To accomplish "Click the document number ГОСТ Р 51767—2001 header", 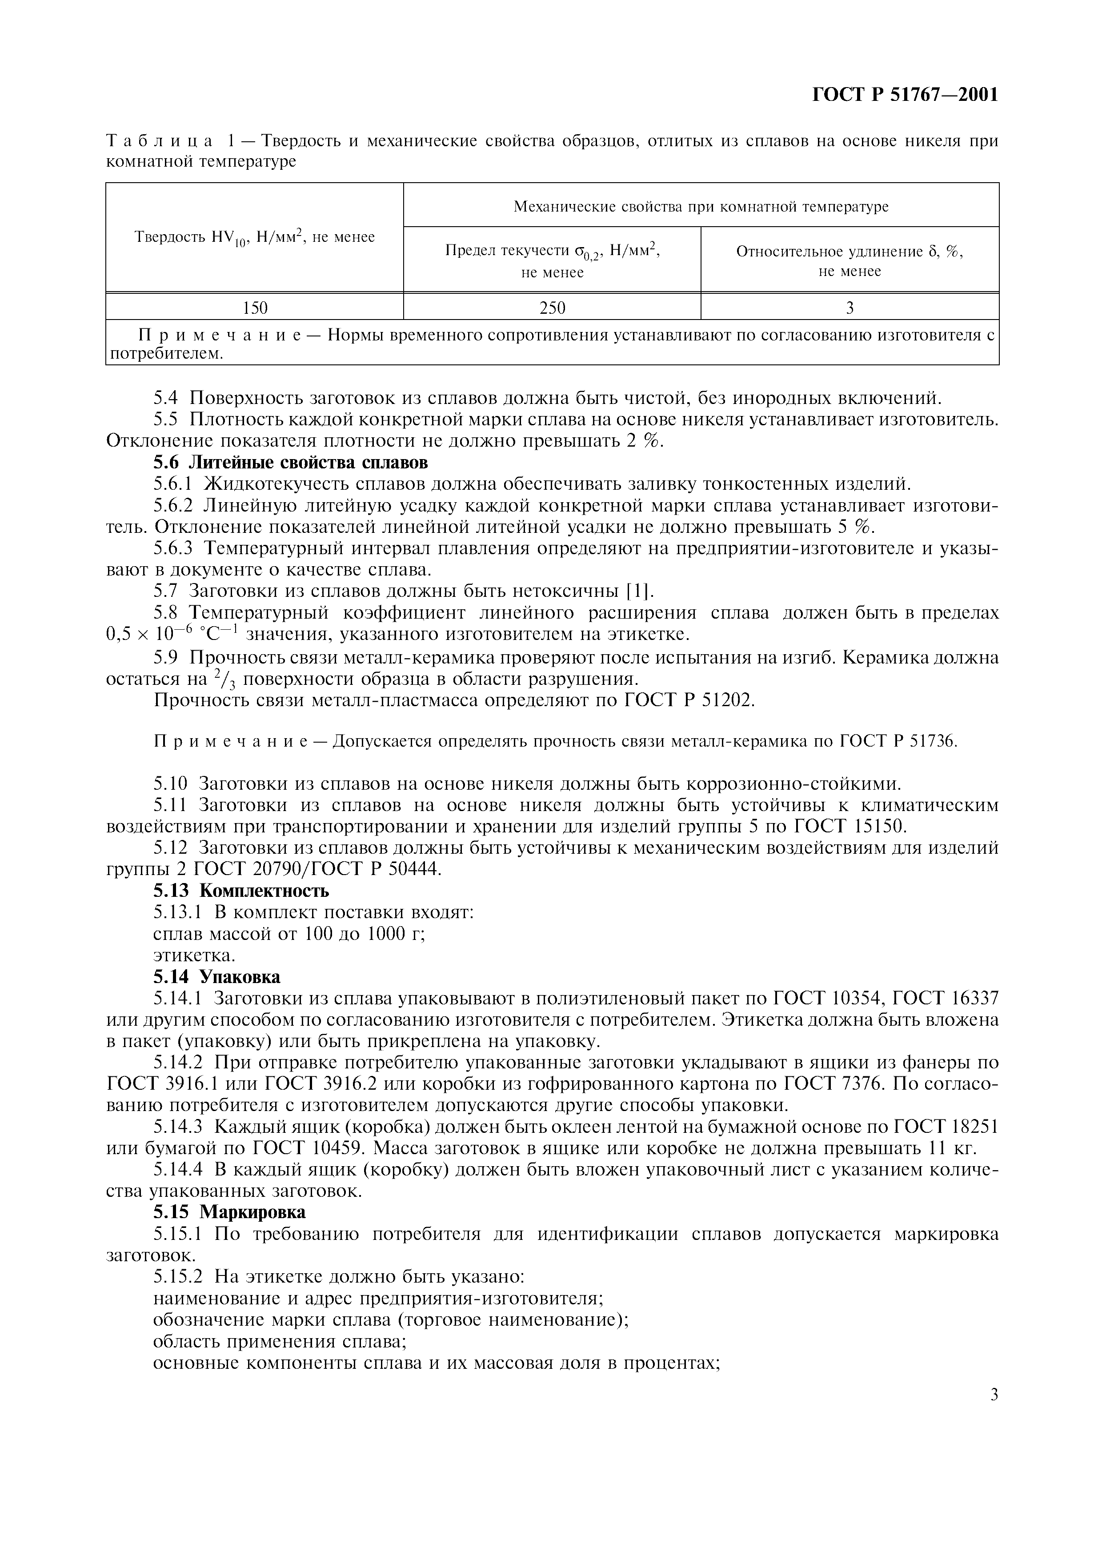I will (x=905, y=95).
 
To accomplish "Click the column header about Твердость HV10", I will (x=255, y=237).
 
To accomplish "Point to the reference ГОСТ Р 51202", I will (x=687, y=700).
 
